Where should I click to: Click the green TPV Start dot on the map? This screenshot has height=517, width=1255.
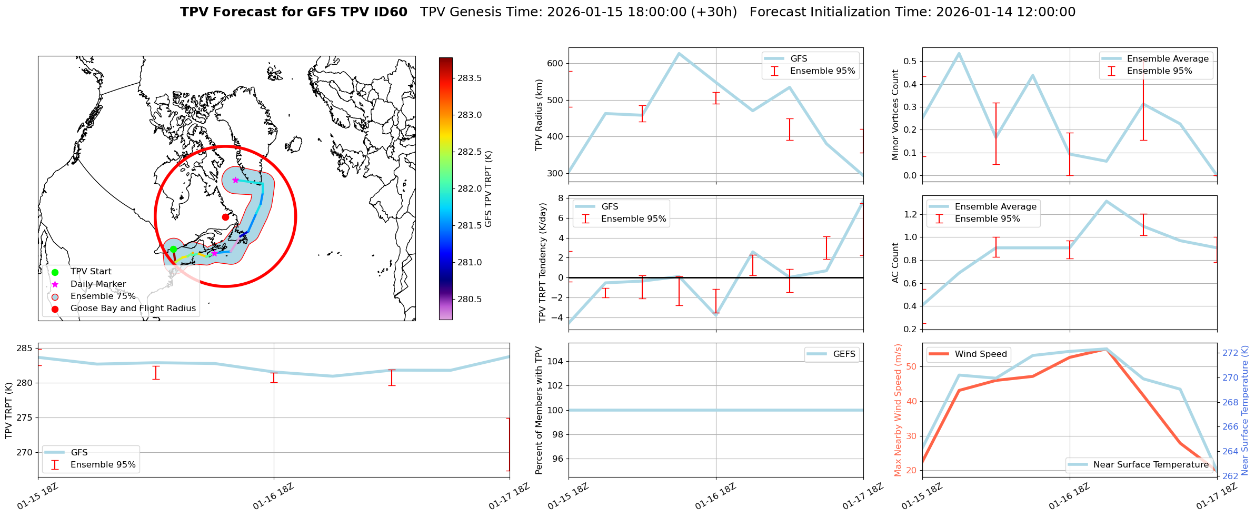pyautogui.click(x=173, y=249)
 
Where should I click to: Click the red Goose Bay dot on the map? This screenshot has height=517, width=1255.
pyautogui.click(x=225, y=217)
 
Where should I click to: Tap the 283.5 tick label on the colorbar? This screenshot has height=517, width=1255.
pyautogui.click(x=470, y=78)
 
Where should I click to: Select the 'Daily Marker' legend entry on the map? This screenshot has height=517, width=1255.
pyautogui.click(x=98, y=284)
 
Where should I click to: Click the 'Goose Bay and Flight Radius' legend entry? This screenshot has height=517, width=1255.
pyautogui.click(x=133, y=309)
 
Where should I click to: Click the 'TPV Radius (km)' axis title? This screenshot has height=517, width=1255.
pyautogui.click(x=539, y=115)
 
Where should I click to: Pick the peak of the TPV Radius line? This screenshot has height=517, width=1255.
pyautogui.click(x=679, y=53)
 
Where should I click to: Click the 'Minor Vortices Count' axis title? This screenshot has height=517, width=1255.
pyautogui.click(x=895, y=115)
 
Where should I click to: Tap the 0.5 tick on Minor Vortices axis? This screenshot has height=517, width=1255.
pyautogui.click(x=910, y=62)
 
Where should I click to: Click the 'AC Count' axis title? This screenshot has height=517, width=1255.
pyautogui.click(x=895, y=263)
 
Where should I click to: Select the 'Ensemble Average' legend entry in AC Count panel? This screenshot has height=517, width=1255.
pyautogui.click(x=995, y=207)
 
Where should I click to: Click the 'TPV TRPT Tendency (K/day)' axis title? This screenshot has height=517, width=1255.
pyautogui.click(x=543, y=263)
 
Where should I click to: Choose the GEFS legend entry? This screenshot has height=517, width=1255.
pyautogui.click(x=844, y=354)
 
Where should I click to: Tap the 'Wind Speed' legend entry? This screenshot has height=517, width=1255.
pyautogui.click(x=981, y=354)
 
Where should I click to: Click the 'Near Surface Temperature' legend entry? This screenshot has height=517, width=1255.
pyautogui.click(x=1151, y=465)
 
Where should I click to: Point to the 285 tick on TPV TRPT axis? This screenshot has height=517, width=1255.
pyautogui.click(x=25, y=349)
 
